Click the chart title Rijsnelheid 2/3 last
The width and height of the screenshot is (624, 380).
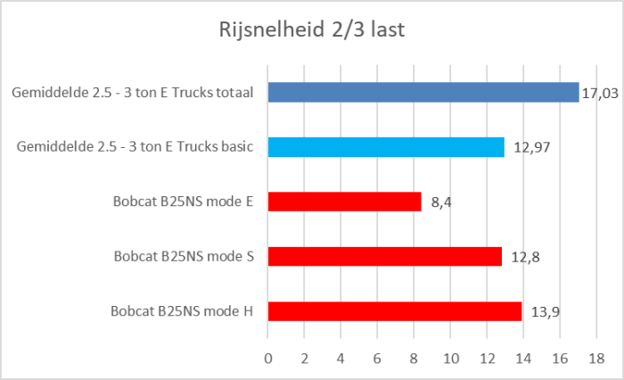click(312, 31)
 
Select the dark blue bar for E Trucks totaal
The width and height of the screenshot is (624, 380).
click(423, 93)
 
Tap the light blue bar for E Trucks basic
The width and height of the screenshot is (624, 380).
click(386, 147)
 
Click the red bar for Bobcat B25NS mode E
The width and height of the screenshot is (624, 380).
click(344, 202)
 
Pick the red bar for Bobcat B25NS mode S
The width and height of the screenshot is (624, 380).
click(385, 257)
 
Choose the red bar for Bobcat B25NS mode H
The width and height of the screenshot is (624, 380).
click(394, 311)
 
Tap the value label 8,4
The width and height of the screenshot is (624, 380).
click(439, 202)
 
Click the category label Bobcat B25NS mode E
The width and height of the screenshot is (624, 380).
click(184, 202)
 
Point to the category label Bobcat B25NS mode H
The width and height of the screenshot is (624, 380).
click(183, 312)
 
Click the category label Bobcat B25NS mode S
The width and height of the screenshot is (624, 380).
click(184, 257)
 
